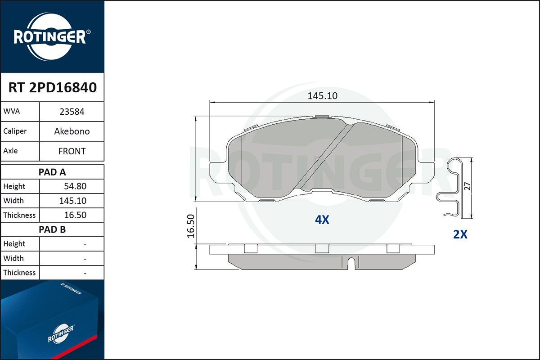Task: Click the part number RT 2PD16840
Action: pyautogui.click(x=53, y=87)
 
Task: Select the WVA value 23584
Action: pyautogui.click(x=72, y=112)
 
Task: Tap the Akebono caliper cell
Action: pyautogui.click(x=72, y=131)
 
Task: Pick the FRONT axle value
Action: pyautogui.click(x=72, y=151)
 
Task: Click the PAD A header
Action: pyautogui.click(x=52, y=172)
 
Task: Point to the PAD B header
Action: pyautogui.click(x=52, y=229)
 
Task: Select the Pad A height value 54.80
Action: pyautogui.click(x=75, y=186)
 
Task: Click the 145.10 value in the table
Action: pyautogui.click(x=73, y=201)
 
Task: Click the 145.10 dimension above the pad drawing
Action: pyautogui.click(x=323, y=96)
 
